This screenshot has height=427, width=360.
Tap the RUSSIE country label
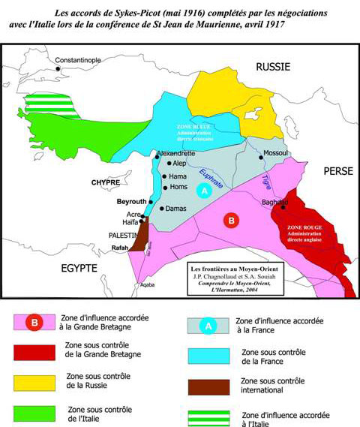click(x=273, y=67)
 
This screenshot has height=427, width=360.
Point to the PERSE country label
click(x=322, y=171)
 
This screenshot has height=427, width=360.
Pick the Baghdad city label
click(x=274, y=201)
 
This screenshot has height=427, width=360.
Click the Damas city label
click(x=177, y=208)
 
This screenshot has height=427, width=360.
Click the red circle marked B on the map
click(x=232, y=221)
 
